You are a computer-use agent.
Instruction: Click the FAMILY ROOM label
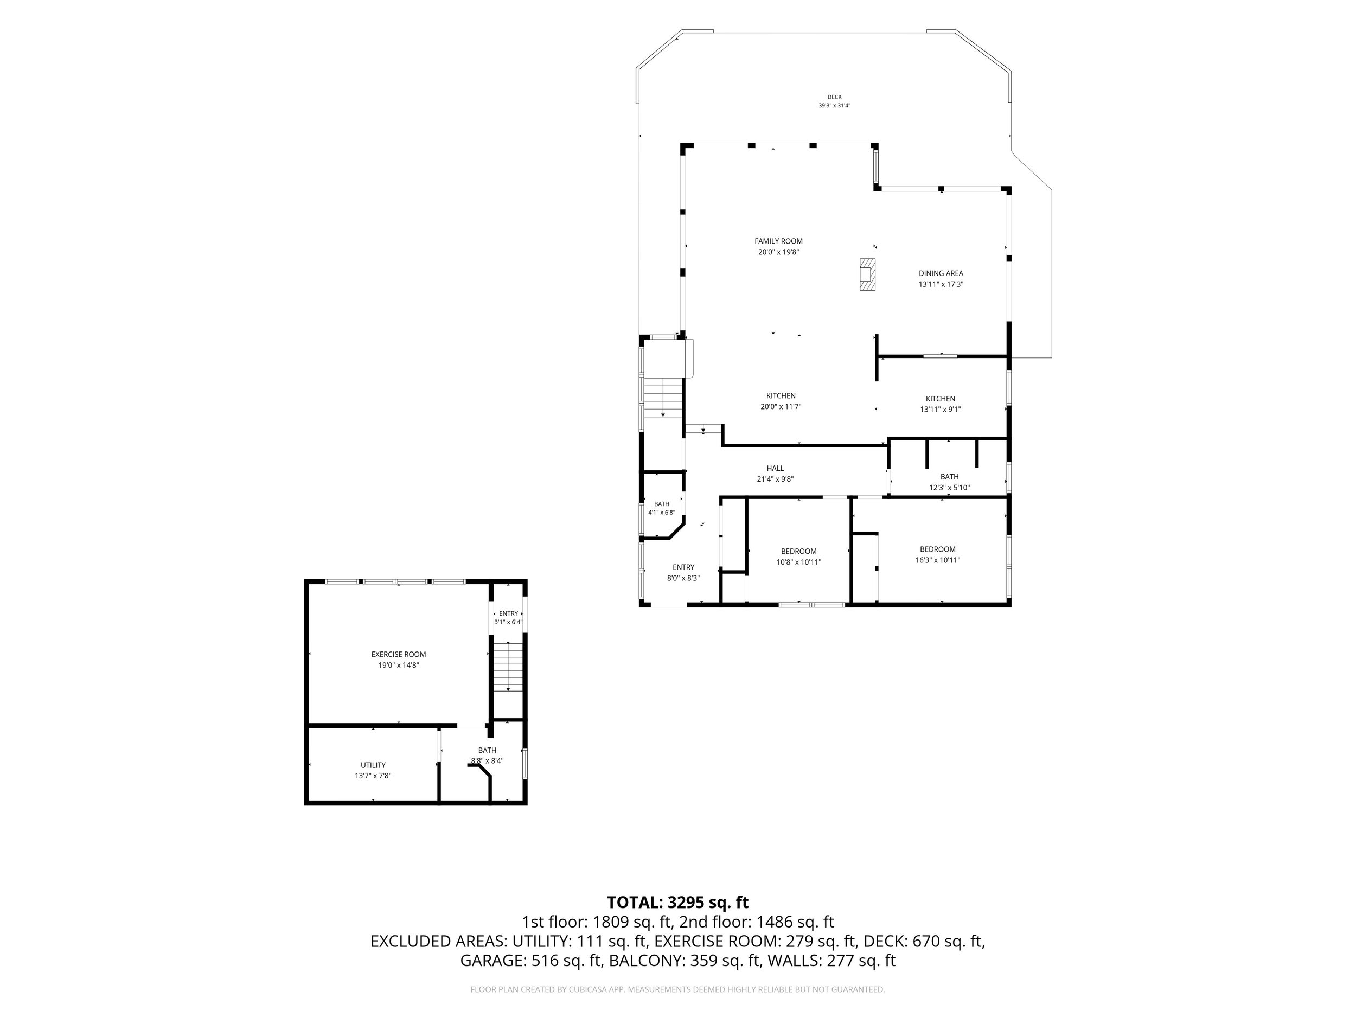coord(778,241)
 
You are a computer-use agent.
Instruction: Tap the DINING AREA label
coord(941,273)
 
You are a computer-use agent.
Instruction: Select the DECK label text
coord(834,97)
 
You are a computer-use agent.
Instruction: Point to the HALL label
coord(775,468)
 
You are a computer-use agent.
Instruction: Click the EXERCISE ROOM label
coord(399,654)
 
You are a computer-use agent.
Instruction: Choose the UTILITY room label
coord(373,765)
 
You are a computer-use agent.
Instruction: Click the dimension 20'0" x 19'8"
coord(778,252)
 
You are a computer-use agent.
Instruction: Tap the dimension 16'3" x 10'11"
coord(937,560)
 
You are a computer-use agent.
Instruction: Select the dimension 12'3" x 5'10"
coord(949,488)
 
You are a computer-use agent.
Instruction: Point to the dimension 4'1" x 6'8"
coord(661,513)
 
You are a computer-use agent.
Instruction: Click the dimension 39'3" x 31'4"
coord(834,105)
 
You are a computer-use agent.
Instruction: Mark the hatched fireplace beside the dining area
coord(867,274)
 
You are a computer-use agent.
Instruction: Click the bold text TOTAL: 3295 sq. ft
coord(677,903)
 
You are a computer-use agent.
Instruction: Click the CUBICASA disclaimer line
coord(677,989)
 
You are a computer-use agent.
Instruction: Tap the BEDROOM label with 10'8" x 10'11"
coord(798,552)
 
